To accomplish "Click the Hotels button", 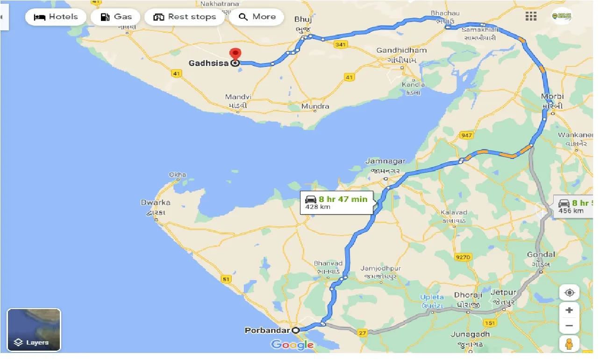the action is [x=56, y=17].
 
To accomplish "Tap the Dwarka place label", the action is [x=156, y=203].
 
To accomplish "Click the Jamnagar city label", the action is [x=386, y=161].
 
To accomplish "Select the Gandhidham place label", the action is [x=401, y=50].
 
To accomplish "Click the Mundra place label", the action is [x=315, y=107].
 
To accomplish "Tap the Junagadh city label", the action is [x=471, y=334].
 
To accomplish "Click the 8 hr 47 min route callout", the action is [x=336, y=202].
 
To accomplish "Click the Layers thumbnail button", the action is [x=34, y=330].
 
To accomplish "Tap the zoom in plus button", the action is [x=569, y=310].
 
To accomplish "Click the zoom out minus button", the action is [x=569, y=326].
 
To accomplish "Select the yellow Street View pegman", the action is [x=569, y=344].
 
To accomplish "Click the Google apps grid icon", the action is [x=531, y=16].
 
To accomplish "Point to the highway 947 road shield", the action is [x=466, y=136].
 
